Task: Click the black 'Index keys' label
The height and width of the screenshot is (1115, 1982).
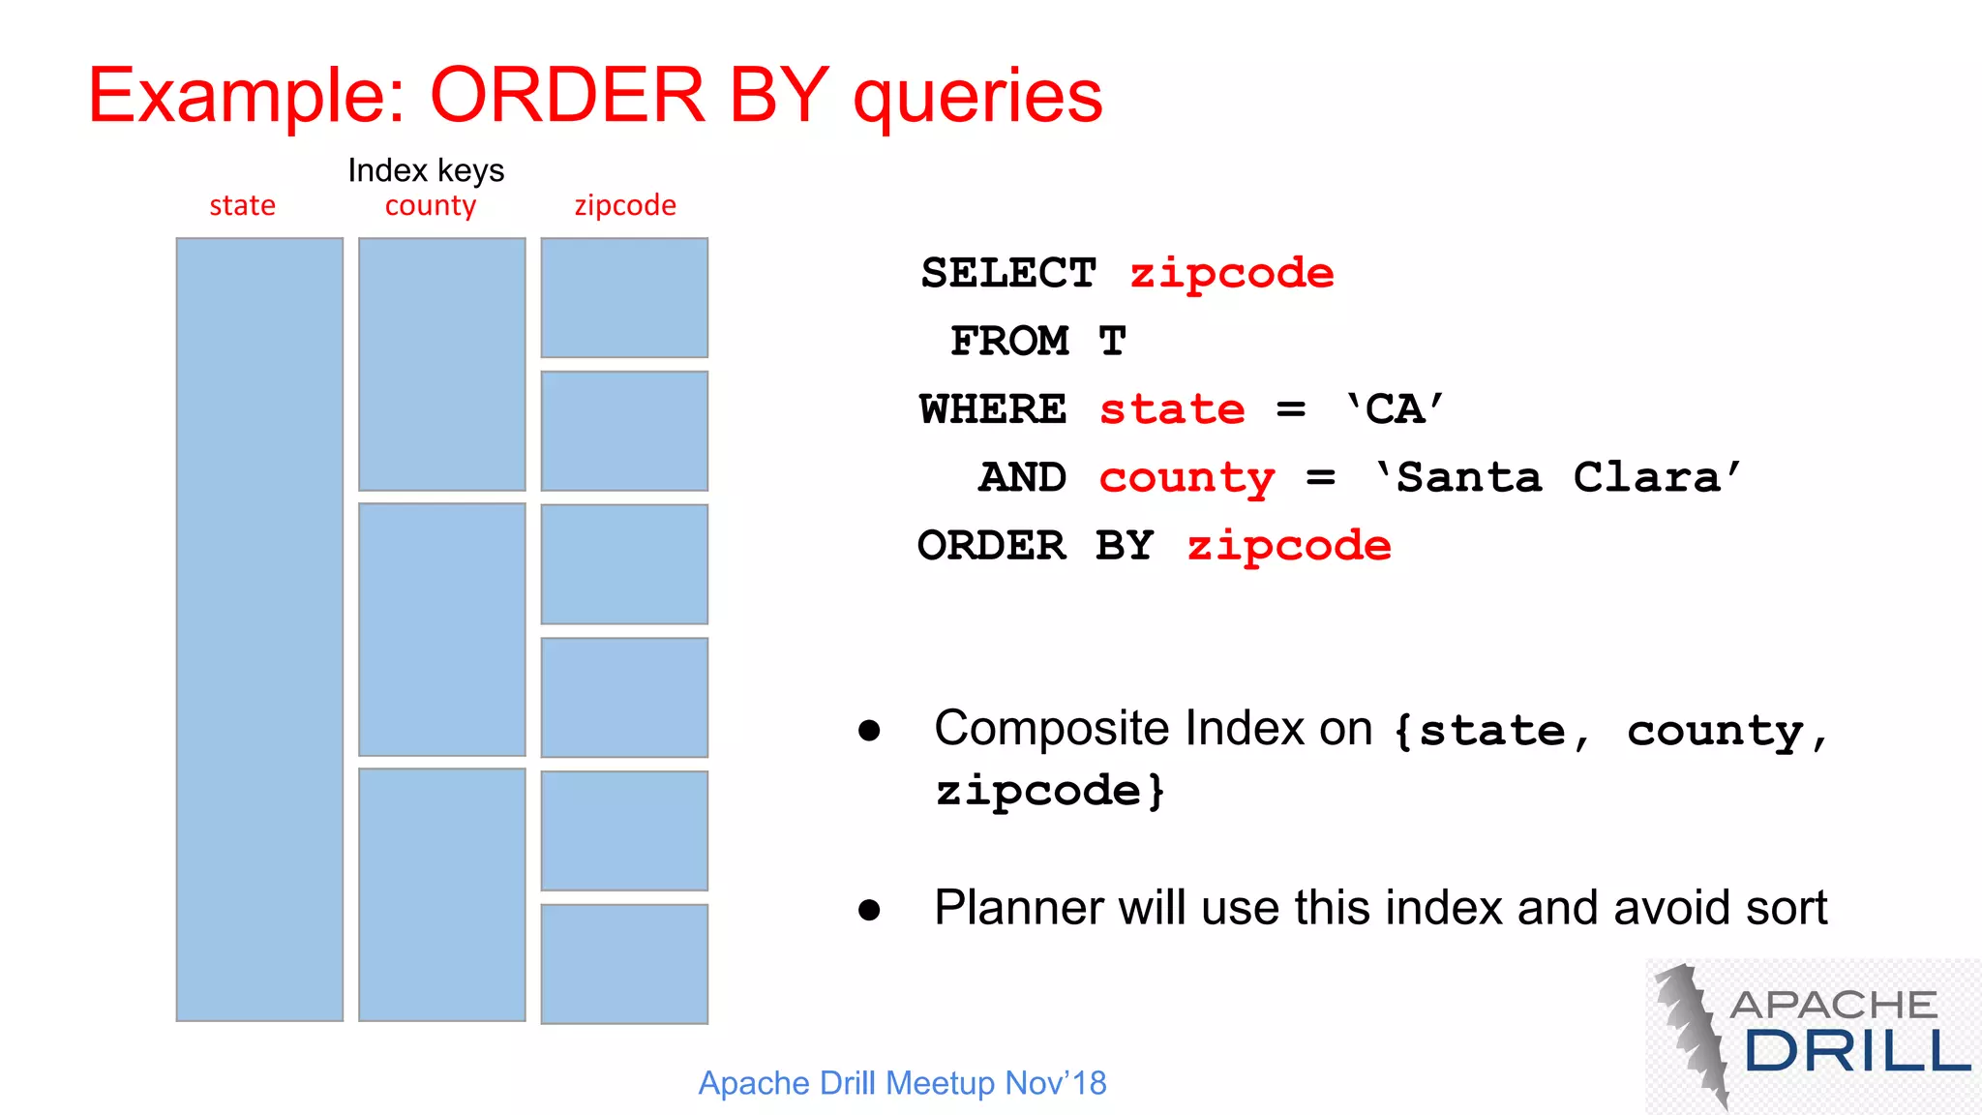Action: click(426, 170)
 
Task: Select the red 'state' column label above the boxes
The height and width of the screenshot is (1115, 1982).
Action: click(242, 205)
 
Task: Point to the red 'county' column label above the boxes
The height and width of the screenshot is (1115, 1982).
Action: click(431, 206)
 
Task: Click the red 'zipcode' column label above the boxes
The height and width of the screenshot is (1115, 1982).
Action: click(625, 205)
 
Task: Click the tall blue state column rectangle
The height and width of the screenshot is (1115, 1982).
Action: click(259, 629)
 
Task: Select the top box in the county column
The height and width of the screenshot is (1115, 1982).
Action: click(442, 364)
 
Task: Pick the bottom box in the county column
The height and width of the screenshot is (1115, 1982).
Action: click(442, 894)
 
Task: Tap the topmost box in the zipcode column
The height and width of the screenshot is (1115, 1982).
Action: click(624, 297)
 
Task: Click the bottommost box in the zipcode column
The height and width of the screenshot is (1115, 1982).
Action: click(624, 963)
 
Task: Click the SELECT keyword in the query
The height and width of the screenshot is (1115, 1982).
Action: click(1007, 273)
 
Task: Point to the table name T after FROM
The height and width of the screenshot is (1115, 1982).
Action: click(1112, 341)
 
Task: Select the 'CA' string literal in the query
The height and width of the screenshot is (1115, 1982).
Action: click(1395, 409)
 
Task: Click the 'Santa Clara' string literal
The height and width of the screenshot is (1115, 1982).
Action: click(1558, 477)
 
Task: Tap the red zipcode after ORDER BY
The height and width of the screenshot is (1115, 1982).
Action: click(1289, 546)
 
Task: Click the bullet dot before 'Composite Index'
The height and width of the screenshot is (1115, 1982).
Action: click(869, 731)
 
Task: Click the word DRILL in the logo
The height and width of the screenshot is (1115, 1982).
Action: click(1856, 1051)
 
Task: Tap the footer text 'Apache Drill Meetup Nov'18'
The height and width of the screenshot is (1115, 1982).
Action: click(902, 1083)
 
